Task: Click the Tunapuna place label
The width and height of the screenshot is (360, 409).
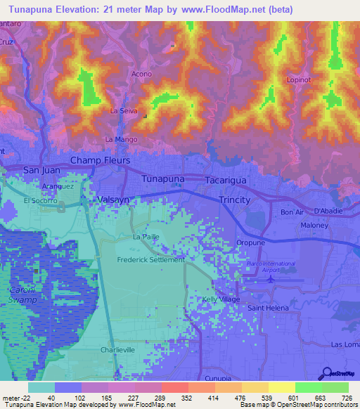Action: tap(163, 179)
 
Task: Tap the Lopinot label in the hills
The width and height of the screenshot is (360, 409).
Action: tap(299, 80)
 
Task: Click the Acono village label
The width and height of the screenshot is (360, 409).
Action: tap(142, 73)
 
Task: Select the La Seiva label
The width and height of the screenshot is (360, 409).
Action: tap(123, 112)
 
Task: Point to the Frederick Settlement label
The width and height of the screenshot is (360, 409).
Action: tap(150, 259)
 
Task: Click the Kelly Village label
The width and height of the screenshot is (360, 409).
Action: tap(221, 299)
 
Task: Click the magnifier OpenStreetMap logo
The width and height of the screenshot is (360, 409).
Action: tap(328, 374)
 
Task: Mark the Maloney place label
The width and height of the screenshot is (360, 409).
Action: tap(314, 226)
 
